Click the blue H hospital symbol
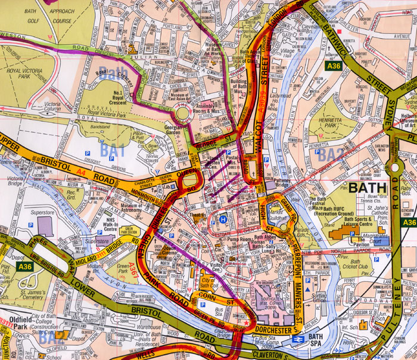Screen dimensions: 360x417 coord(223,219)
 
